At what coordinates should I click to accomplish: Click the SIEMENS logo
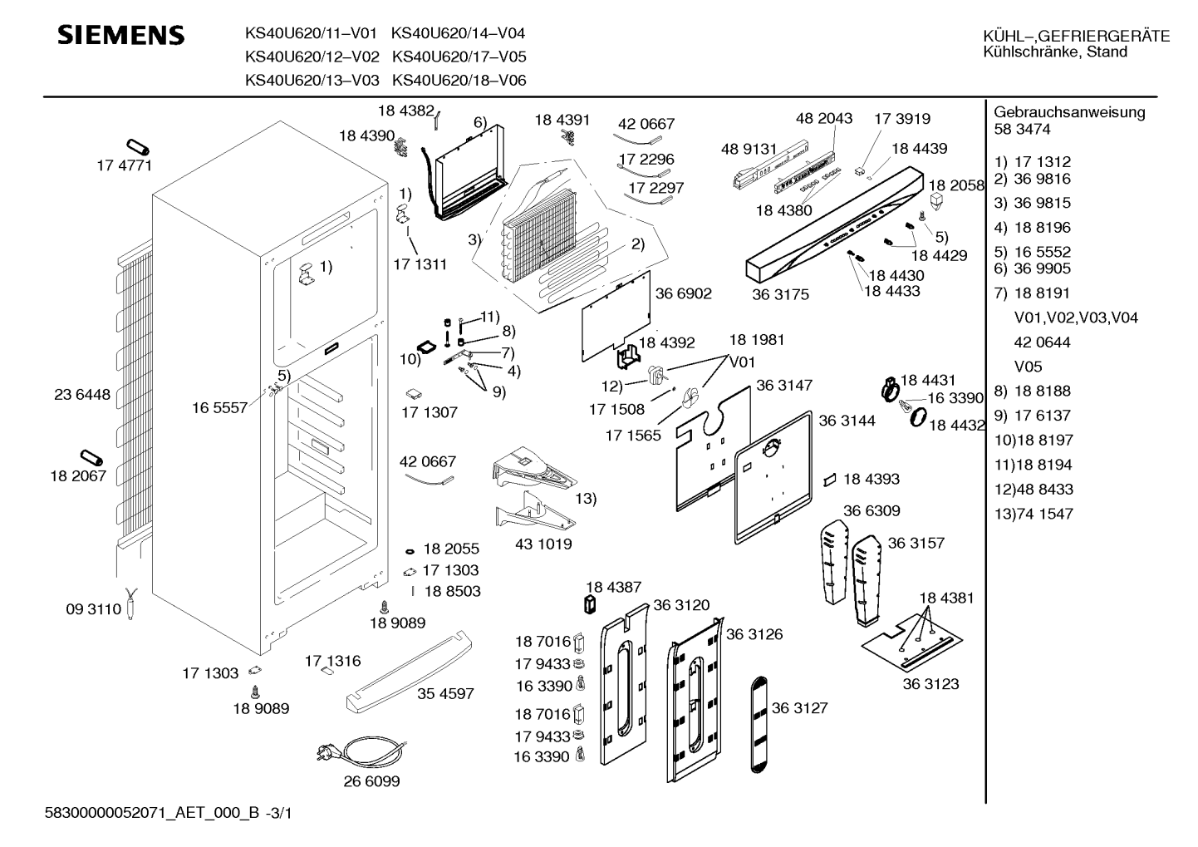click(120, 35)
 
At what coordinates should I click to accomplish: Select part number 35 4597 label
click(445, 693)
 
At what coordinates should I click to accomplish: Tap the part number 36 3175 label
click(780, 294)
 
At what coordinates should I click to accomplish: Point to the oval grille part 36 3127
click(762, 724)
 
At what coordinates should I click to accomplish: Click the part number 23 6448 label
click(82, 395)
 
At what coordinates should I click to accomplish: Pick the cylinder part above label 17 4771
click(137, 149)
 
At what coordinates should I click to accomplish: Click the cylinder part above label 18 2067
click(91, 458)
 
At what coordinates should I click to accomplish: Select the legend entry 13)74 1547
click(1034, 514)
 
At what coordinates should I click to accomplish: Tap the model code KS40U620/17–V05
click(459, 57)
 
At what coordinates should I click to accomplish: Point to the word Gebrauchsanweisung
click(1069, 112)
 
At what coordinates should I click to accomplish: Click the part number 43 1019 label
click(543, 544)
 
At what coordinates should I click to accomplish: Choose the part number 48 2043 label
click(823, 118)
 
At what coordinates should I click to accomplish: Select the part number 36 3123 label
click(930, 684)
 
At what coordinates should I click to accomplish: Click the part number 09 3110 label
click(93, 609)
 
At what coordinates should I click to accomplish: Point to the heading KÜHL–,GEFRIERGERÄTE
click(1076, 36)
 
